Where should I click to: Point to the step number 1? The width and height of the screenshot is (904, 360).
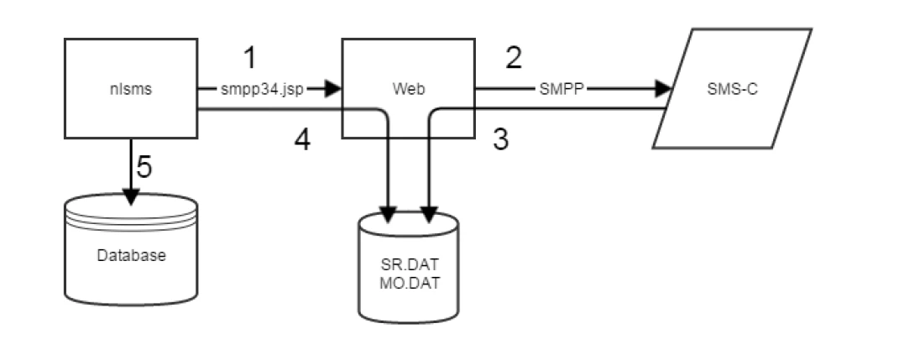pos(249,58)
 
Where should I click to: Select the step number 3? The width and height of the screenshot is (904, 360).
pos(500,139)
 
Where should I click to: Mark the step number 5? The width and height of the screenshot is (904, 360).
pos(144,167)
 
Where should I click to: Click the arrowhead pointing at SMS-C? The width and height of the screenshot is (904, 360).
pos(665,87)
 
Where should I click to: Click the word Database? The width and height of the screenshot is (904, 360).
pos(131,255)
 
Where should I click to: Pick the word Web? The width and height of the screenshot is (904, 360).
pos(407,87)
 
